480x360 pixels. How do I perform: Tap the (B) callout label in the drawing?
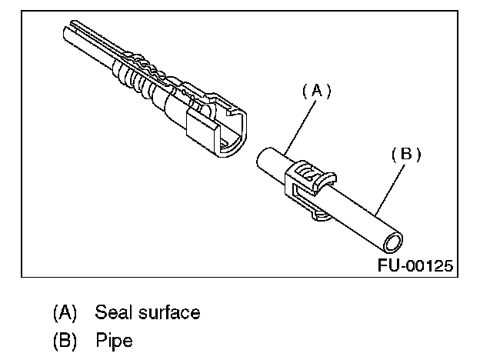tap(406, 154)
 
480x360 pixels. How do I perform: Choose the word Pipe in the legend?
tap(114, 338)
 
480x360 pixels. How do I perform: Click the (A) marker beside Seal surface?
tap(65, 312)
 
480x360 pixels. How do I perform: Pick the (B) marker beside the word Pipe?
tap(65, 338)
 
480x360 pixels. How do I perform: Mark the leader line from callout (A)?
tap(298, 124)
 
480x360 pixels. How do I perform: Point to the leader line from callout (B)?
tap(389, 185)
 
